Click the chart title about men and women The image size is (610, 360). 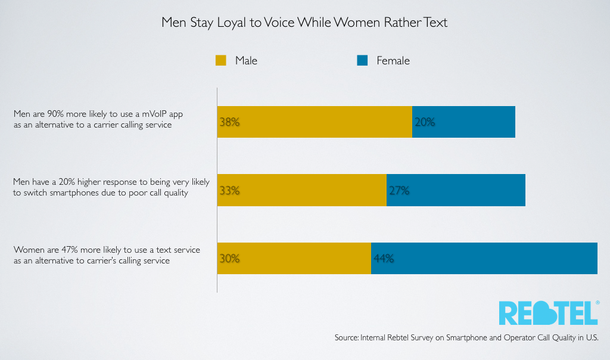tap(304, 23)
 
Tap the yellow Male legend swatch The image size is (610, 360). tap(221, 60)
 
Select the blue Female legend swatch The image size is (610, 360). tap(362, 60)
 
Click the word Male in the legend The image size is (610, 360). tap(246, 60)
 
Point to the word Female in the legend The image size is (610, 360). tap(393, 60)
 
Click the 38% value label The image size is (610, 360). tap(229, 122)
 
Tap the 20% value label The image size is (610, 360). tap(425, 122)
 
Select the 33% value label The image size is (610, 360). tap(229, 191)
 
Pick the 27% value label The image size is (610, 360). tap(399, 191)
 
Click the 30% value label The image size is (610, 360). tap(229, 259)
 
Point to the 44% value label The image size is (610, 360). tap(384, 259)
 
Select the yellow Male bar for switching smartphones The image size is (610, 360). tap(310, 191)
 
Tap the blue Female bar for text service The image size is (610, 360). tap(494, 259)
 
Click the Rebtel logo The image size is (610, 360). tap(547, 312)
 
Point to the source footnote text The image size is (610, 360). tap(466, 337)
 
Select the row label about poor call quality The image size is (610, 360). tap(111, 187)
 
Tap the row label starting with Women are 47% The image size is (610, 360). tap(107, 255)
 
